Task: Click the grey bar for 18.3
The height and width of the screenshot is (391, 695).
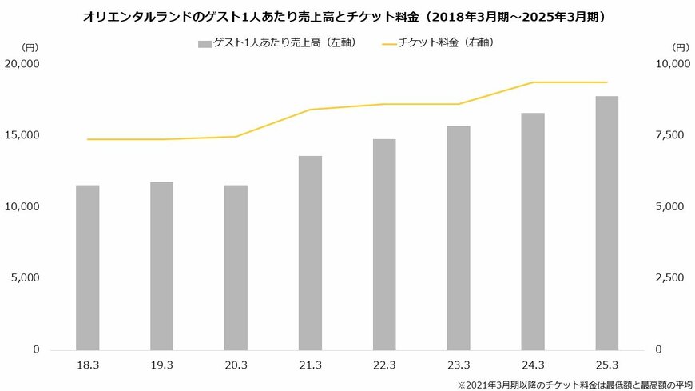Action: coord(88,267)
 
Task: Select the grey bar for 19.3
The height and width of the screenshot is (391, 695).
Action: coord(162,265)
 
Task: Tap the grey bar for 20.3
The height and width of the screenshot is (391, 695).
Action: coord(236,267)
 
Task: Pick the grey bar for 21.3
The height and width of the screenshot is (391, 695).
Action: coord(310,253)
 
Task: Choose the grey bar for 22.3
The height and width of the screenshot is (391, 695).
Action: coord(384,244)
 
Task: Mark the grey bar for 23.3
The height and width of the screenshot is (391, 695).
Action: coord(459,237)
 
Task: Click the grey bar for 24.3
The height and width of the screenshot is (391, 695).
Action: coord(533,231)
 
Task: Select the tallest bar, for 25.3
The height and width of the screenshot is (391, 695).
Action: coord(607,222)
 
